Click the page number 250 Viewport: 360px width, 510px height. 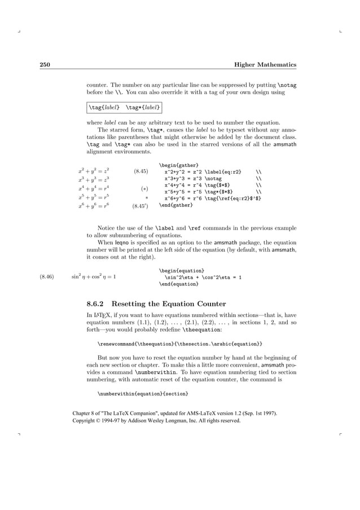tap(45, 65)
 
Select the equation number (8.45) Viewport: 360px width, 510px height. tap(141, 170)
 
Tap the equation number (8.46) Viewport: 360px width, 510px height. tap(47, 277)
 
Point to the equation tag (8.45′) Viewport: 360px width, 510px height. tap(140, 206)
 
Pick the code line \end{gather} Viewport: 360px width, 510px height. tap(175, 205)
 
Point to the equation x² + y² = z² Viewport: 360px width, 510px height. tap(93, 170)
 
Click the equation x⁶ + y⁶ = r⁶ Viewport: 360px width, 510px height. tap(93, 206)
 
